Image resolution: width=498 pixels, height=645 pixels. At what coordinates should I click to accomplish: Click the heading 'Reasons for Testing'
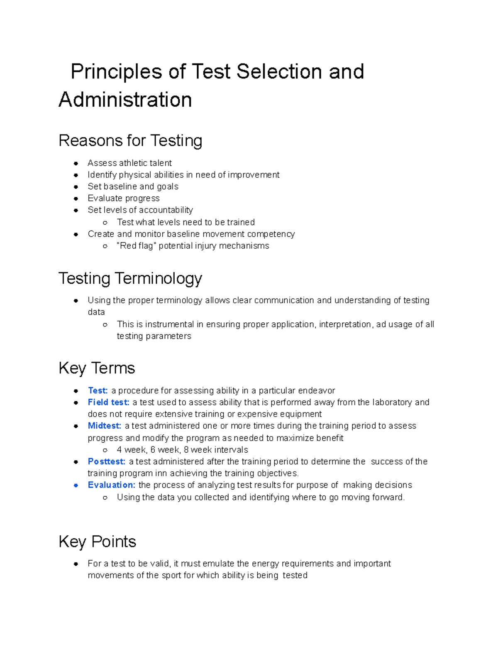[130, 141]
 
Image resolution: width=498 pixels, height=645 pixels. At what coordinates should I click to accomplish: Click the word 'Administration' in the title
[125, 100]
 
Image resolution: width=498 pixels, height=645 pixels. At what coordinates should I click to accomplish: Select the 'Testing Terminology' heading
[130, 278]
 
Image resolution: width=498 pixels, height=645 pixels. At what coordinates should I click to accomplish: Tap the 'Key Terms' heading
[97, 368]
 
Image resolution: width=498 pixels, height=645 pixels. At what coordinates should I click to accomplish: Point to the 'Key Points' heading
[97, 542]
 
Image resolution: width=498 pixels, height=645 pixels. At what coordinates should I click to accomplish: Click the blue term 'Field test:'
[108, 402]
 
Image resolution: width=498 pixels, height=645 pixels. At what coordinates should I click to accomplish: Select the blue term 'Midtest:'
[104, 426]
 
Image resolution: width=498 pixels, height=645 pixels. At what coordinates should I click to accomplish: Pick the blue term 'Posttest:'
[106, 461]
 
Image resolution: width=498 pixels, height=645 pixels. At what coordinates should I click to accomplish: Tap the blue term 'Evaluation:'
[111, 485]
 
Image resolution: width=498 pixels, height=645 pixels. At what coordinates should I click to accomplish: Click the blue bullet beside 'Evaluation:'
[76, 485]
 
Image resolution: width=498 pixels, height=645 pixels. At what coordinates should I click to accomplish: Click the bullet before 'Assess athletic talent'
[76, 163]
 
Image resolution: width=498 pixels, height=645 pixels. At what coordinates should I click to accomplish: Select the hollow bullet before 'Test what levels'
[105, 223]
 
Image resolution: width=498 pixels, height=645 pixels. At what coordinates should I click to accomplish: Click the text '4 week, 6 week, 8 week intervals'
[182, 450]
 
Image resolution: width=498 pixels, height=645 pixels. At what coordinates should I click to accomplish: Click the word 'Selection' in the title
[279, 71]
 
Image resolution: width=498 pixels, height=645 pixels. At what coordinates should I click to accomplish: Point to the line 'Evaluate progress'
[123, 199]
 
